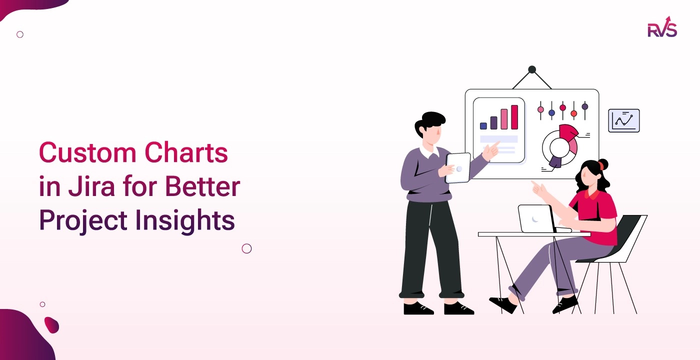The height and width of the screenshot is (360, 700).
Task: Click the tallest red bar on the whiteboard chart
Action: click(x=514, y=117)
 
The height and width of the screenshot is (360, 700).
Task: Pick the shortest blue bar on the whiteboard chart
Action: click(x=483, y=126)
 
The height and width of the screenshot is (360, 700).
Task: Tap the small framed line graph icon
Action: click(x=623, y=120)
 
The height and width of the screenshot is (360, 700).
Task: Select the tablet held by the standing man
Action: click(x=458, y=167)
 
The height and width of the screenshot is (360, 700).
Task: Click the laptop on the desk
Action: click(x=536, y=218)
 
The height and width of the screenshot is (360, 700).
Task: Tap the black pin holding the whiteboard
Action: click(x=532, y=69)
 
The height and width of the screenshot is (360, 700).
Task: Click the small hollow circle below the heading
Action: click(x=246, y=248)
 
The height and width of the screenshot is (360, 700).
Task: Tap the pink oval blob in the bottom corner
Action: click(x=51, y=325)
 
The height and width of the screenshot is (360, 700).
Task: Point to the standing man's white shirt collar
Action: click(x=429, y=150)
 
